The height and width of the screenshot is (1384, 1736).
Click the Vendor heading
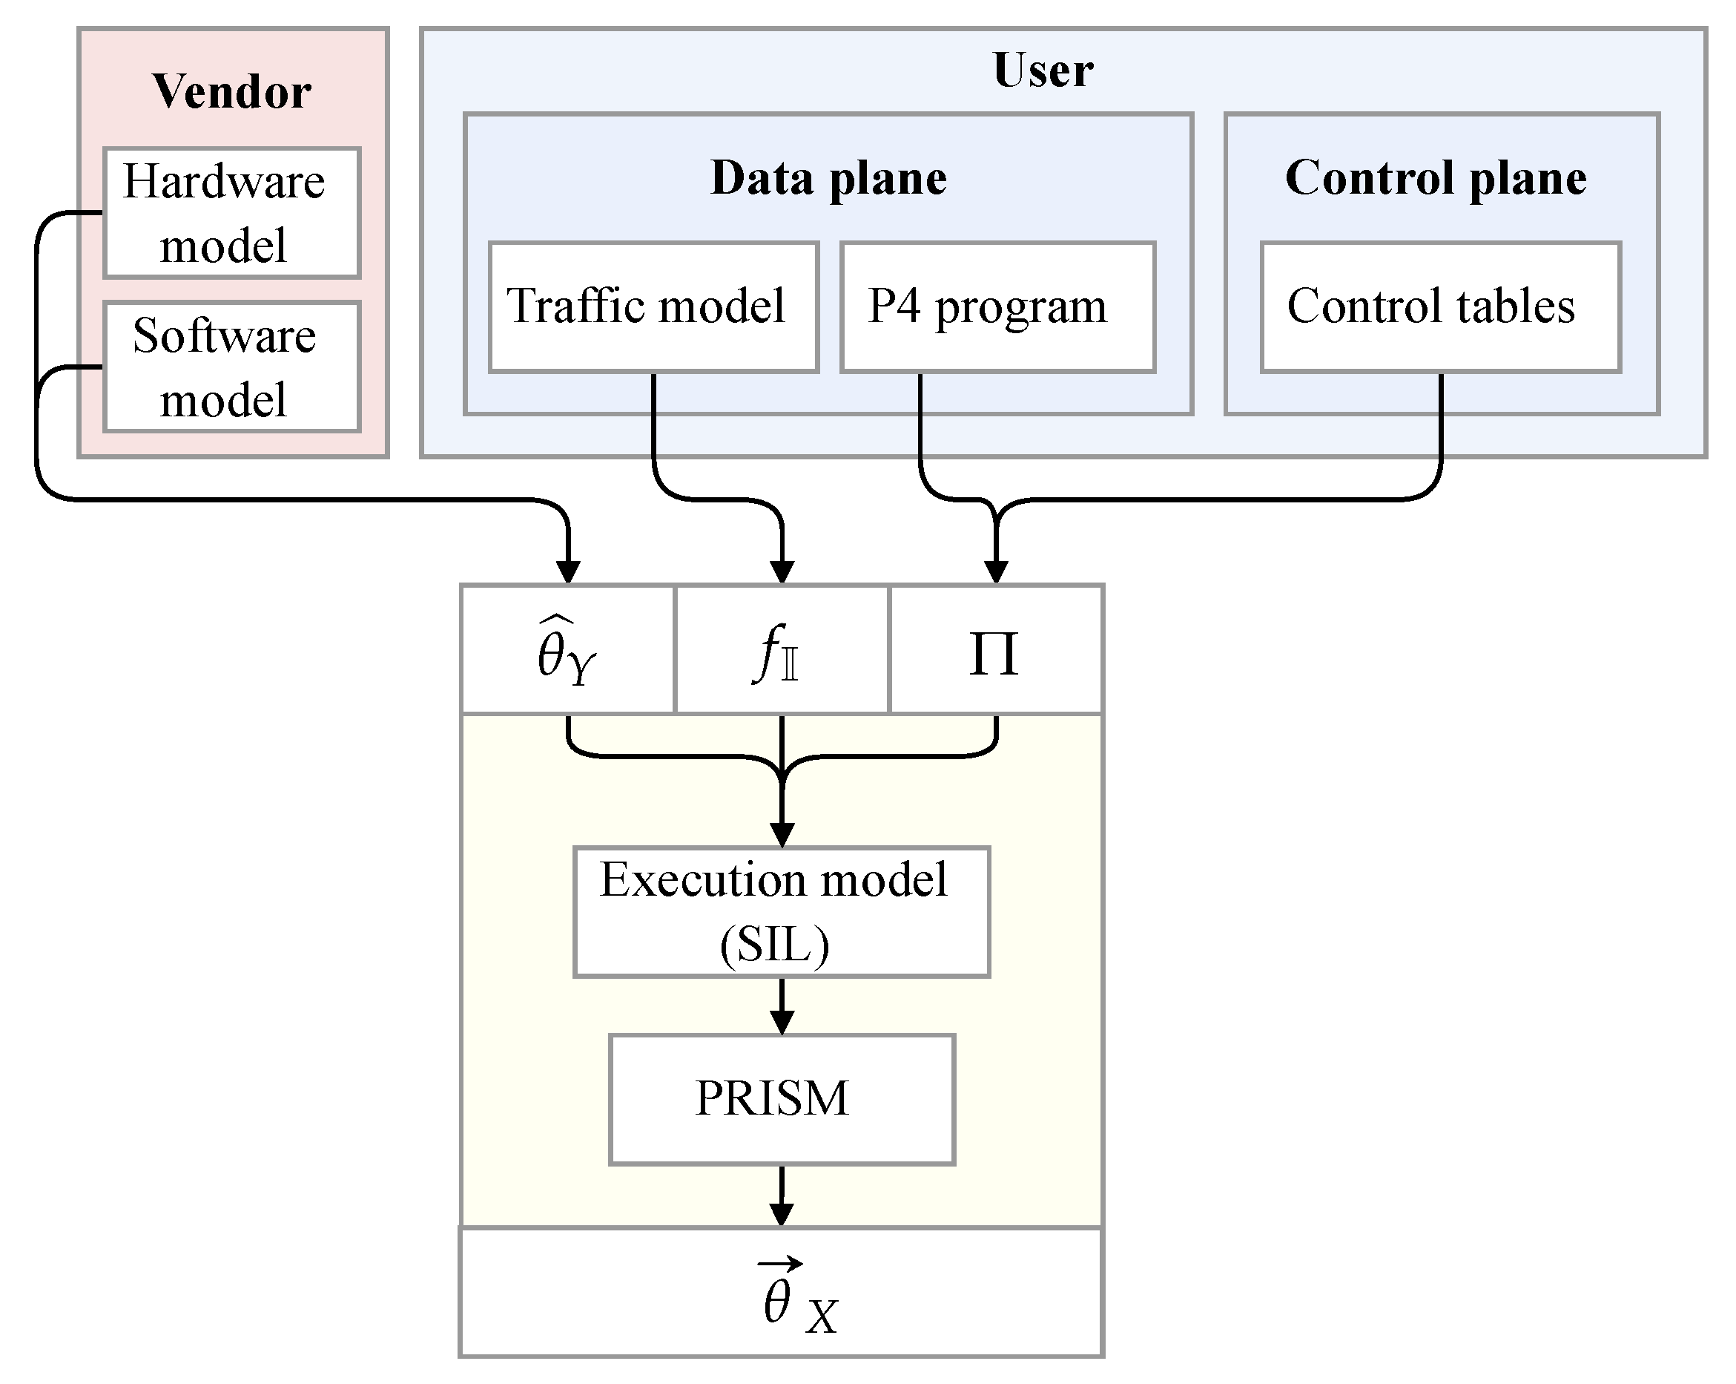pos(232,91)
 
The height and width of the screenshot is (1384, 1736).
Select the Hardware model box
pos(232,213)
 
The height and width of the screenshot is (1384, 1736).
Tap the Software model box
pos(232,367)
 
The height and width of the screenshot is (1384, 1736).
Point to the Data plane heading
pos(828,178)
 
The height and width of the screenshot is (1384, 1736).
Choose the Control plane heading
pos(1436,178)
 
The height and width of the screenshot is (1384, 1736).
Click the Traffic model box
pos(653,307)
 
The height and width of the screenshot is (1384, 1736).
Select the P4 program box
pos(997,307)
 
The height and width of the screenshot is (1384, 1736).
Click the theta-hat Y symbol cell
pos(567,649)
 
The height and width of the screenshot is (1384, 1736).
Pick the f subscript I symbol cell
pos(781,649)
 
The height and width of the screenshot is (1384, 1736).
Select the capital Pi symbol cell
pos(995,649)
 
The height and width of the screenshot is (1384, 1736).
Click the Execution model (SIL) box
pos(781,912)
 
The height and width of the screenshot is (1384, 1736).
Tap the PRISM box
pos(781,1099)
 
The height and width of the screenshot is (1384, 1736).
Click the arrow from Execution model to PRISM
pos(782,1007)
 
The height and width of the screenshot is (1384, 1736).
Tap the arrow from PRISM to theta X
pos(782,1197)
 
